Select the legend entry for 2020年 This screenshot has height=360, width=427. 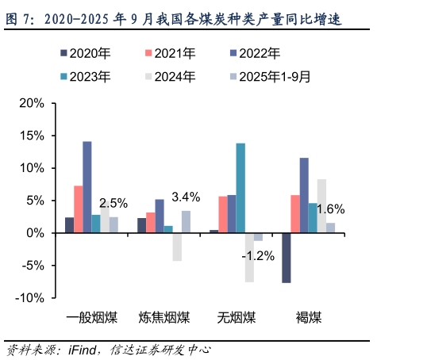click(85, 54)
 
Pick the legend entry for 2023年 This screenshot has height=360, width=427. click(85, 77)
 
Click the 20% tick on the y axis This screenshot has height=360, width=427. click(31, 103)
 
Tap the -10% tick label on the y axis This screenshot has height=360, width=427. click(29, 298)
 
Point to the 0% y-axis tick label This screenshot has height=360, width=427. click(36, 233)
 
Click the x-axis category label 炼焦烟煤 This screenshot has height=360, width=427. click(163, 318)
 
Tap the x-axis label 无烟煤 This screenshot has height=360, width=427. click(237, 318)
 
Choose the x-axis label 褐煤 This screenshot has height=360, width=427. click(309, 318)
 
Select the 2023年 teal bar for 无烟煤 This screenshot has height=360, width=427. click(240, 188)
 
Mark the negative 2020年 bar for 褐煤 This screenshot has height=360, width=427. click(286, 258)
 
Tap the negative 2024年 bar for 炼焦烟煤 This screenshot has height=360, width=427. click(177, 247)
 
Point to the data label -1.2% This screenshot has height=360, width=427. click(259, 255)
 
